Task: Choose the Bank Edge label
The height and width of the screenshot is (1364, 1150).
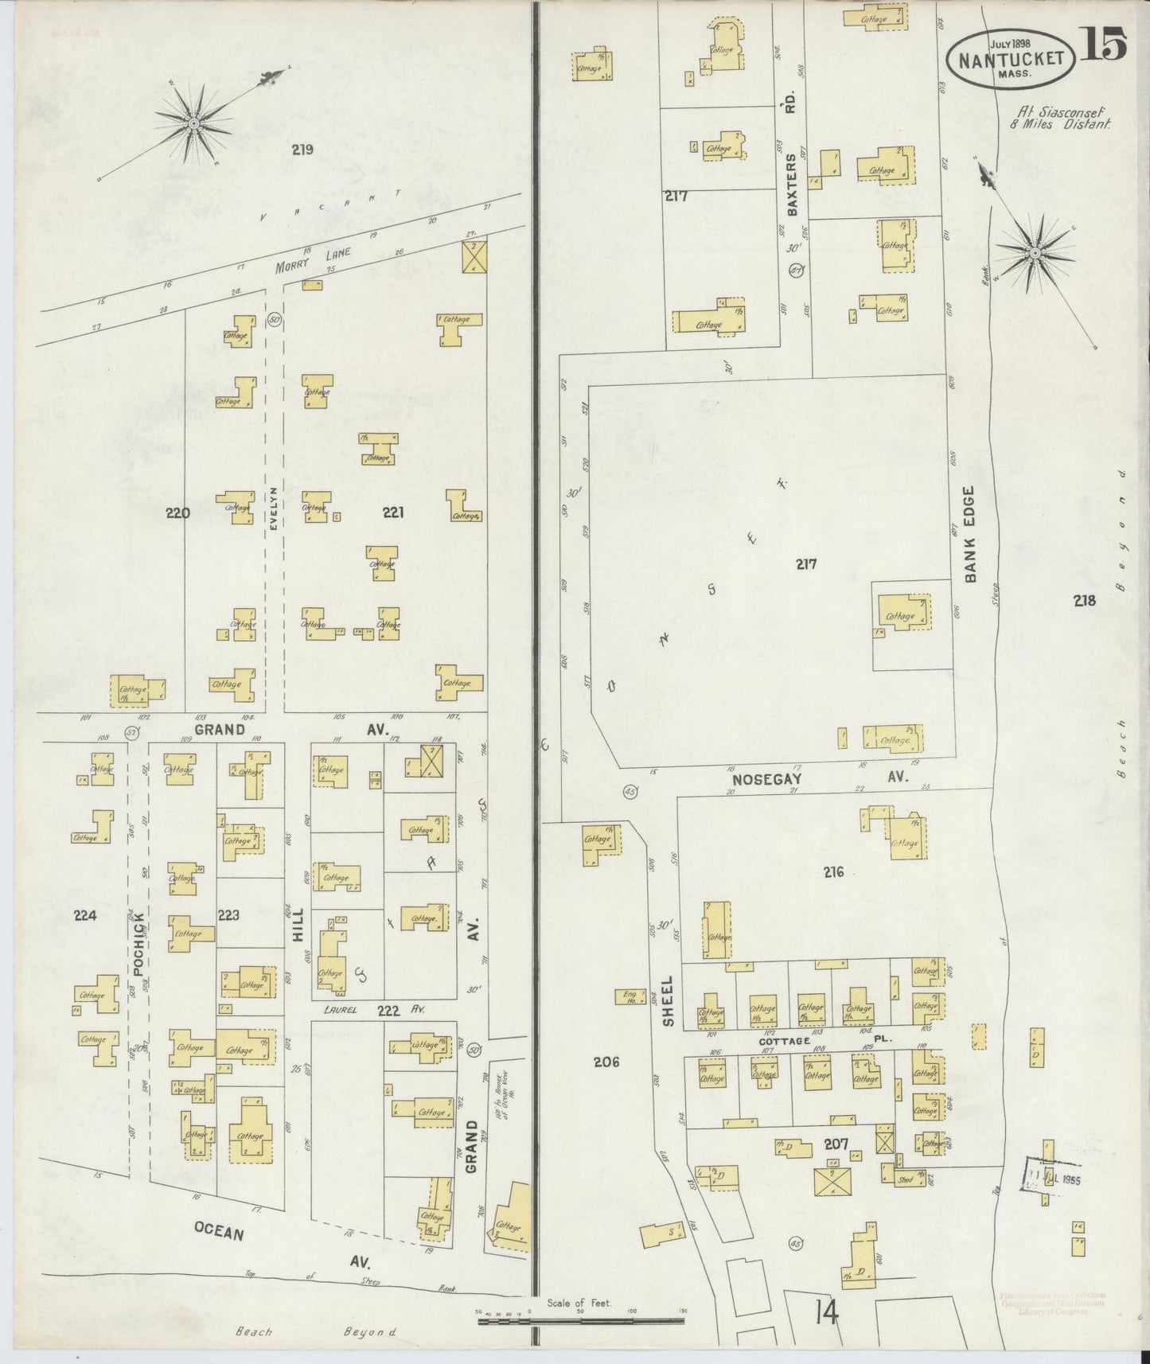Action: tap(970, 534)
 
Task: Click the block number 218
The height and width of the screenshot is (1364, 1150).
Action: tap(1084, 601)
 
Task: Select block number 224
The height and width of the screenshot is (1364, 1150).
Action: tap(85, 915)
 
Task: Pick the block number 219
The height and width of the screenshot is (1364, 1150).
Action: tap(302, 149)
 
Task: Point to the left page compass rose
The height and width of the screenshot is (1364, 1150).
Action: tap(193, 124)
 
